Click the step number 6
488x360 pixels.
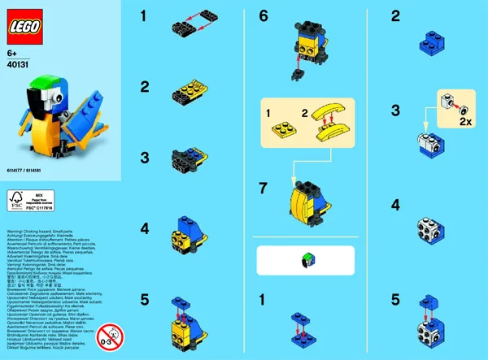263,16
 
